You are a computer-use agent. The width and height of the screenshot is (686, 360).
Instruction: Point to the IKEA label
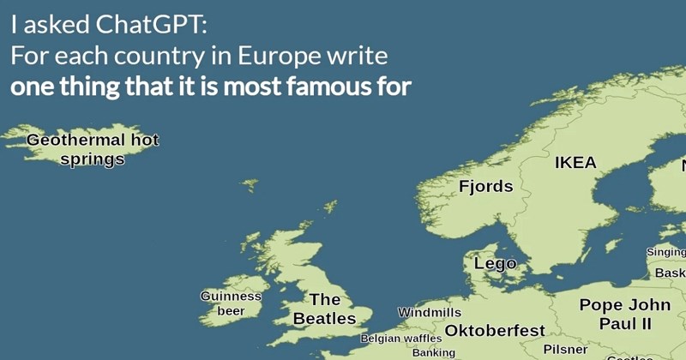pyautogui.click(x=575, y=164)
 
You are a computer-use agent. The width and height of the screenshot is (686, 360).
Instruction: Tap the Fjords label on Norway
pyautogui.click(x=486, y=187)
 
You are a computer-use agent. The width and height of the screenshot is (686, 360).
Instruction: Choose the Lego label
pyautogui.click(x=495, y=263)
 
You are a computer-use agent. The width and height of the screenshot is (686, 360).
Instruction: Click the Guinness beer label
pyautogui.click(x=231, y=303)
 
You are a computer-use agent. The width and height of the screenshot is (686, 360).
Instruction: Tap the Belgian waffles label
pyautogui.click(x=401, y=339)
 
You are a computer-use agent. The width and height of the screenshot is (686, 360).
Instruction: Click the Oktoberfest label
pyautogui.click(x=496, y=330)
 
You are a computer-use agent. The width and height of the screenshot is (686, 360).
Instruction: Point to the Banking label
pyautogui.click(x=434, y=352)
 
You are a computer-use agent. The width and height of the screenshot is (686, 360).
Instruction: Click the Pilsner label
pyautogui.click(x=566, y=350)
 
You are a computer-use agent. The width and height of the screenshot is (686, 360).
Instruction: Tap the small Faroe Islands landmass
pyautogui.click(x=250, y=184)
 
